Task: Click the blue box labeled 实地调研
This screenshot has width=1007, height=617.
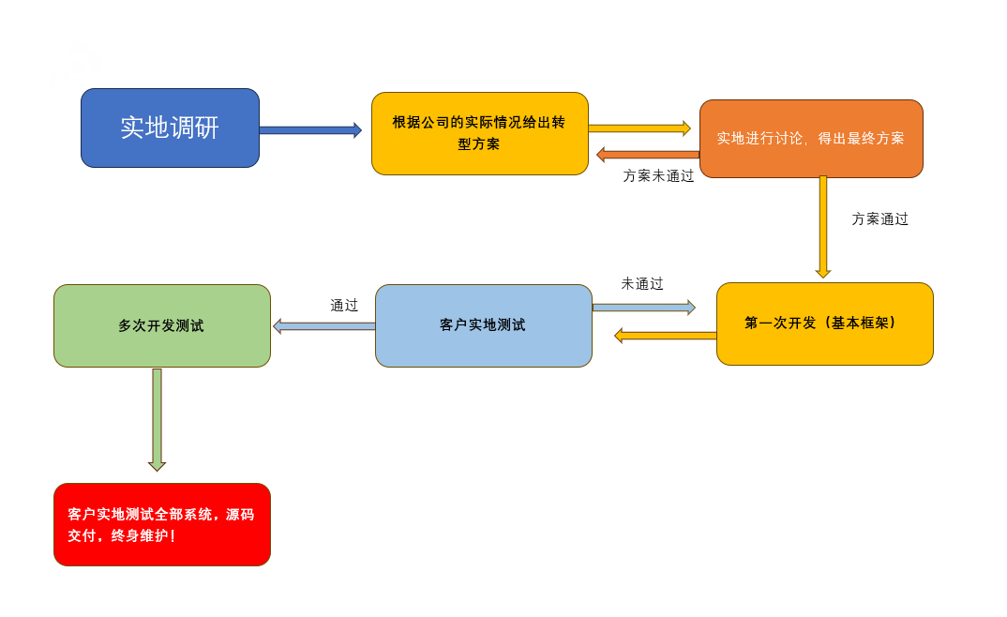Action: pyautogui.click(x=171, y=128)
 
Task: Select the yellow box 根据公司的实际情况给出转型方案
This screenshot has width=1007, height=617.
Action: pyautogui.click(x=480, y=133)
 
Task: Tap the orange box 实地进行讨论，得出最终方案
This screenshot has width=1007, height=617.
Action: pyautogui.click(x=811, y=139)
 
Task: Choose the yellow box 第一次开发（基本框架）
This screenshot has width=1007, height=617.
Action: pyautogui.click(x=824, y=324)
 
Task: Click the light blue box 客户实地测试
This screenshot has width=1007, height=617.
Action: pyautogui.click(x=484, y=325)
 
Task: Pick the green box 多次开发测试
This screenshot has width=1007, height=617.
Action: pyautogui.click(x=162, y=325)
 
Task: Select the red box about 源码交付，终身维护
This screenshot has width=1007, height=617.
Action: pyautogui.click(x=162, y=524)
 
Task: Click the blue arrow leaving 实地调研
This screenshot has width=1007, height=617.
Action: pyautogui.click(x=311, y=130)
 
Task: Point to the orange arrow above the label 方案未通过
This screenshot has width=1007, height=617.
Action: pyautogui.click(x=648, y=154)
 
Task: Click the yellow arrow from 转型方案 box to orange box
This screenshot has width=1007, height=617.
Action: pyautogui.click(x=639, y=128)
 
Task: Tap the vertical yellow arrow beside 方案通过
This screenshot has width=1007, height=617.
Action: pyautogui.click(x=822, y=227)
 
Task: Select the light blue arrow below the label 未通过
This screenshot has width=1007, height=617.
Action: pyautogui.click(x=644, y=308)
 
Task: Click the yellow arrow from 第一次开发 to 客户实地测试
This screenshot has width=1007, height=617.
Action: pyautogui.click(x=666, y=335)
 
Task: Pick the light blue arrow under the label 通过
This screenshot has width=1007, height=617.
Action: pyautogui.click(x=324, y=326)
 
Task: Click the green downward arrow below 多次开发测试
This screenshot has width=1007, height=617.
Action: pyautogui.click(x=157, y=420)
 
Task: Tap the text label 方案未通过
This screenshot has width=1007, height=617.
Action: pyautogui.click(x=658, y=176)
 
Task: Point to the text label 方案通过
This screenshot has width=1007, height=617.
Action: pyautogui.click(x=879, y=218)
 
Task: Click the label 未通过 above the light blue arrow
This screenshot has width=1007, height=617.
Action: pyautogui.click(x=642, y=284)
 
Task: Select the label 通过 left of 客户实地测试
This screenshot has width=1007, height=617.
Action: pyautogui.click(x=344, y=305)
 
